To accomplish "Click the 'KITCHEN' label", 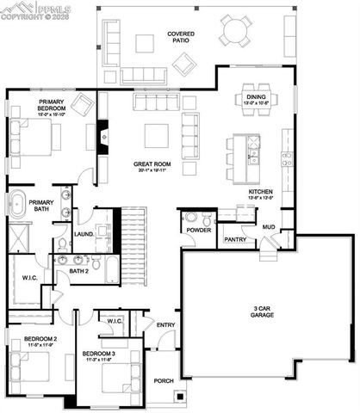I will (x=262, y=192).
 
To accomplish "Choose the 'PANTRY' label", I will (x=236, y=238).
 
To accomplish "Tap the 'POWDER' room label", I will (x=199, y=231).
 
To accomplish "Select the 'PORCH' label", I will (x=164, y=380).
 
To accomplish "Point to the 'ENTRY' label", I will (x=166, y=324).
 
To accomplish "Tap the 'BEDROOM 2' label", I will (x=40, y=339).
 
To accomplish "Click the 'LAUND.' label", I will (x=84, y=234).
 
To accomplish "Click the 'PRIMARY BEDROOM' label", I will (x=51, y=106).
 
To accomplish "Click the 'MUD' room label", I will (x=269, y=227).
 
